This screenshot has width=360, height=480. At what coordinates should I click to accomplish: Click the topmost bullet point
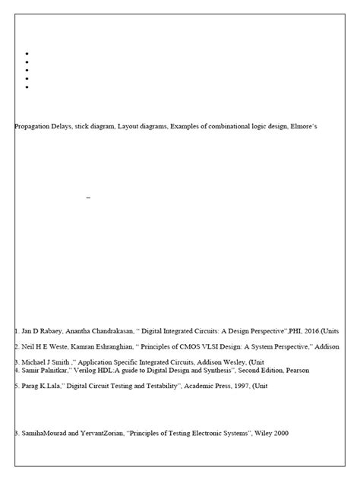pyautogui.click(x=27, y=53)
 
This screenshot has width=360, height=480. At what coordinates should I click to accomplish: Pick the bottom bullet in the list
pyautogui.click(x=27, y=87)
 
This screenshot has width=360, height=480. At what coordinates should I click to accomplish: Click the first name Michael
pyautogui.click(x=34, y=362)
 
